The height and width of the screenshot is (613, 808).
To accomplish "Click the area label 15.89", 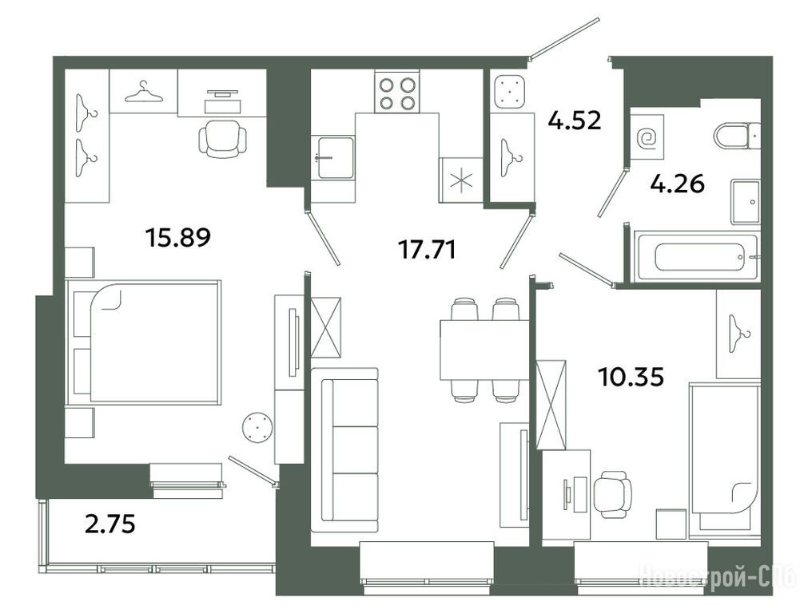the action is (178, 237).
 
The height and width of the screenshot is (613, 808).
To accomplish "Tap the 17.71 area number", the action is (428, 250).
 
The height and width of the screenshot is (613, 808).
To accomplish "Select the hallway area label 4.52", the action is (575, 121).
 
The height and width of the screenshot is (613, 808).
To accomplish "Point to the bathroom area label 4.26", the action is (677, 184).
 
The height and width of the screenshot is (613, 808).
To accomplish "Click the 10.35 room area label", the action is (631, 377).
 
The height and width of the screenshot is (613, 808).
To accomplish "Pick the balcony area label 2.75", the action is (109, 524).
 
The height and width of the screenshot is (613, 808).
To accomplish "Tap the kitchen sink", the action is (333, 157).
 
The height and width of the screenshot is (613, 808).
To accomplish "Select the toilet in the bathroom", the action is (737, 136).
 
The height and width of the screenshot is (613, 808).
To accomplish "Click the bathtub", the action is (697, 256).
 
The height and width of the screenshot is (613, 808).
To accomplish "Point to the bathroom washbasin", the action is (745, 202).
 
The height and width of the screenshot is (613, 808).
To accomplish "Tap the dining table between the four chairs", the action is (484, 350).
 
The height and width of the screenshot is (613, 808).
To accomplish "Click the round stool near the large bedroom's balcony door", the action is (257, 427).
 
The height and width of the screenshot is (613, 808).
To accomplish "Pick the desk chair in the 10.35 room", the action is (612, 494).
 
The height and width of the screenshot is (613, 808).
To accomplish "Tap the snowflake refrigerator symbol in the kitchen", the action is (461, 180).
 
